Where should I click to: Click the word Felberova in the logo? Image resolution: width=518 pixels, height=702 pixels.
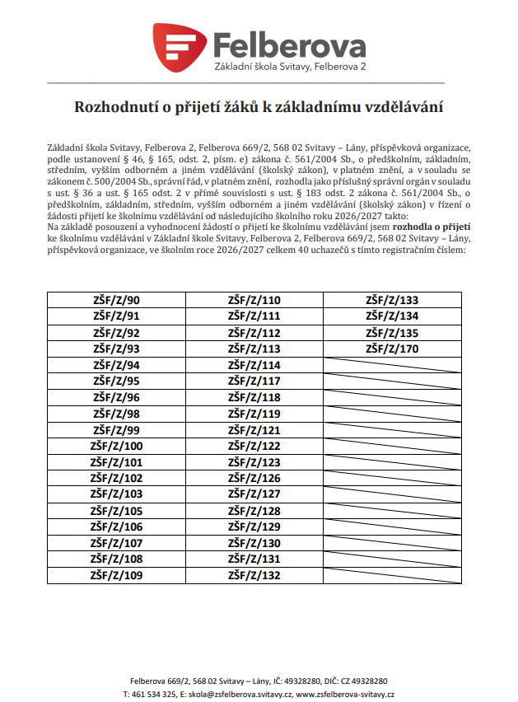tap(290, 44)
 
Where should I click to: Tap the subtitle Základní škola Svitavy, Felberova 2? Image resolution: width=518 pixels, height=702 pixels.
tap(290, 65)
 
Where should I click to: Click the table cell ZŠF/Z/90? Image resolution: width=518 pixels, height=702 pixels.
tap(116, 300)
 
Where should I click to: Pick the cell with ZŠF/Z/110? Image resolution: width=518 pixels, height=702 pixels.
tap(254, 300)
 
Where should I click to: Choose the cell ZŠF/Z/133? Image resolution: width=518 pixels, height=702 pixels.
tap(392, 300)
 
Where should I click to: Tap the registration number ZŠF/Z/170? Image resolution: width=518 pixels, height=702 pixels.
tap(392, 349)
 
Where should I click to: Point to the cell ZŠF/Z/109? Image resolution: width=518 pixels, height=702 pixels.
tap(116, 575)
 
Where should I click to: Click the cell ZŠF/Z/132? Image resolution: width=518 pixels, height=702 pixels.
tap(254, 575)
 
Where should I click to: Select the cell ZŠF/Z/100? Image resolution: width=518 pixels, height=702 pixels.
tap(116, 446)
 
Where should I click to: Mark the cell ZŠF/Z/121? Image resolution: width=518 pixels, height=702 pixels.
tap(254, 429)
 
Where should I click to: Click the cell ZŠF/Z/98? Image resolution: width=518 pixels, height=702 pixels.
tap(116, 413)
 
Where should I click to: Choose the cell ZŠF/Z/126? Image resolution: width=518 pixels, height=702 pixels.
tap(254, 478)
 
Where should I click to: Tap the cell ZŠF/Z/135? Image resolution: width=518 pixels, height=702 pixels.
tap(392, 333)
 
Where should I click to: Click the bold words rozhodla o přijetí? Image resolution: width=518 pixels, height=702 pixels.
tap(432, 224)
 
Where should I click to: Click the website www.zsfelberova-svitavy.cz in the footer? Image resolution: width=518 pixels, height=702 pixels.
tap(345, 695)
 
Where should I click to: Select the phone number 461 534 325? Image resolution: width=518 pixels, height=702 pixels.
tap(152, 695)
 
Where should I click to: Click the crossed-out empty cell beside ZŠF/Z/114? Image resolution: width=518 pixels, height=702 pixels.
tap(392, 365)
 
